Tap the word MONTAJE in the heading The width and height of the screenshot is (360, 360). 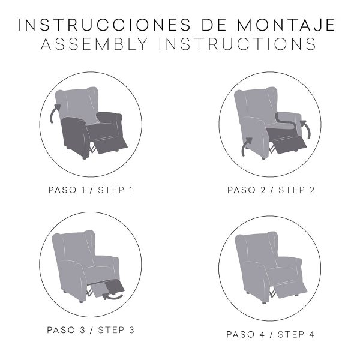[x=286, y=25]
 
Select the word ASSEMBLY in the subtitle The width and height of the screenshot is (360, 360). [x=94, y=44]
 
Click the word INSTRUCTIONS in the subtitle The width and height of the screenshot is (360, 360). [x=238, y=44]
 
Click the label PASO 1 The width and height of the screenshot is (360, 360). [x=67, y=190]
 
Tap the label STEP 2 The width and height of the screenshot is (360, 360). [x=296, y=190]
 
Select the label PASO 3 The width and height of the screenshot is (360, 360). [x=66, y=330]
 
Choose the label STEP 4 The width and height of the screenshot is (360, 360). [x=296, y=335]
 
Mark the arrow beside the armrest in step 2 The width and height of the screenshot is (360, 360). [x=307, y=128]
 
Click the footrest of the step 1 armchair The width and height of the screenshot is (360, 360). [x=112, y=145]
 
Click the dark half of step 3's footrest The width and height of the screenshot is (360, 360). [x=115, y=287]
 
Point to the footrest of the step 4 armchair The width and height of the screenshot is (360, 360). [x=290, y=290]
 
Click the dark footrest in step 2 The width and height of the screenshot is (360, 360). [x=290, y=145]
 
